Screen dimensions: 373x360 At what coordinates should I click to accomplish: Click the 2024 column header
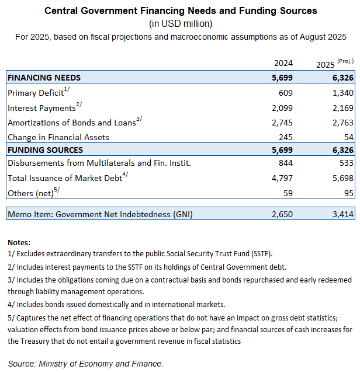(283, 63)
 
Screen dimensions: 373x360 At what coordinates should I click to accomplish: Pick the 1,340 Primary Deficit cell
(342, 92)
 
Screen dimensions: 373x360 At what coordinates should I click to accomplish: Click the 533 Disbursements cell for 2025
(346, 162)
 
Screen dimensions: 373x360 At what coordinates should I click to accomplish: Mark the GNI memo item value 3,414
(342, 214)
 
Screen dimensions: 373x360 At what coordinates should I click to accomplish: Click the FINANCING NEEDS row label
(44, 78)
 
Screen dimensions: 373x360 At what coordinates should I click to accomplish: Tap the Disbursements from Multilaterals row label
(99, 162)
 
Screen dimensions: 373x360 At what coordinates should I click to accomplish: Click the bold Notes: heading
(19, 242)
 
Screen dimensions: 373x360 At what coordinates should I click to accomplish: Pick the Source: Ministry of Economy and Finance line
(85, 364)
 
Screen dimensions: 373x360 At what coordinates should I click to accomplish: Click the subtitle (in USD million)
(181, 24)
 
